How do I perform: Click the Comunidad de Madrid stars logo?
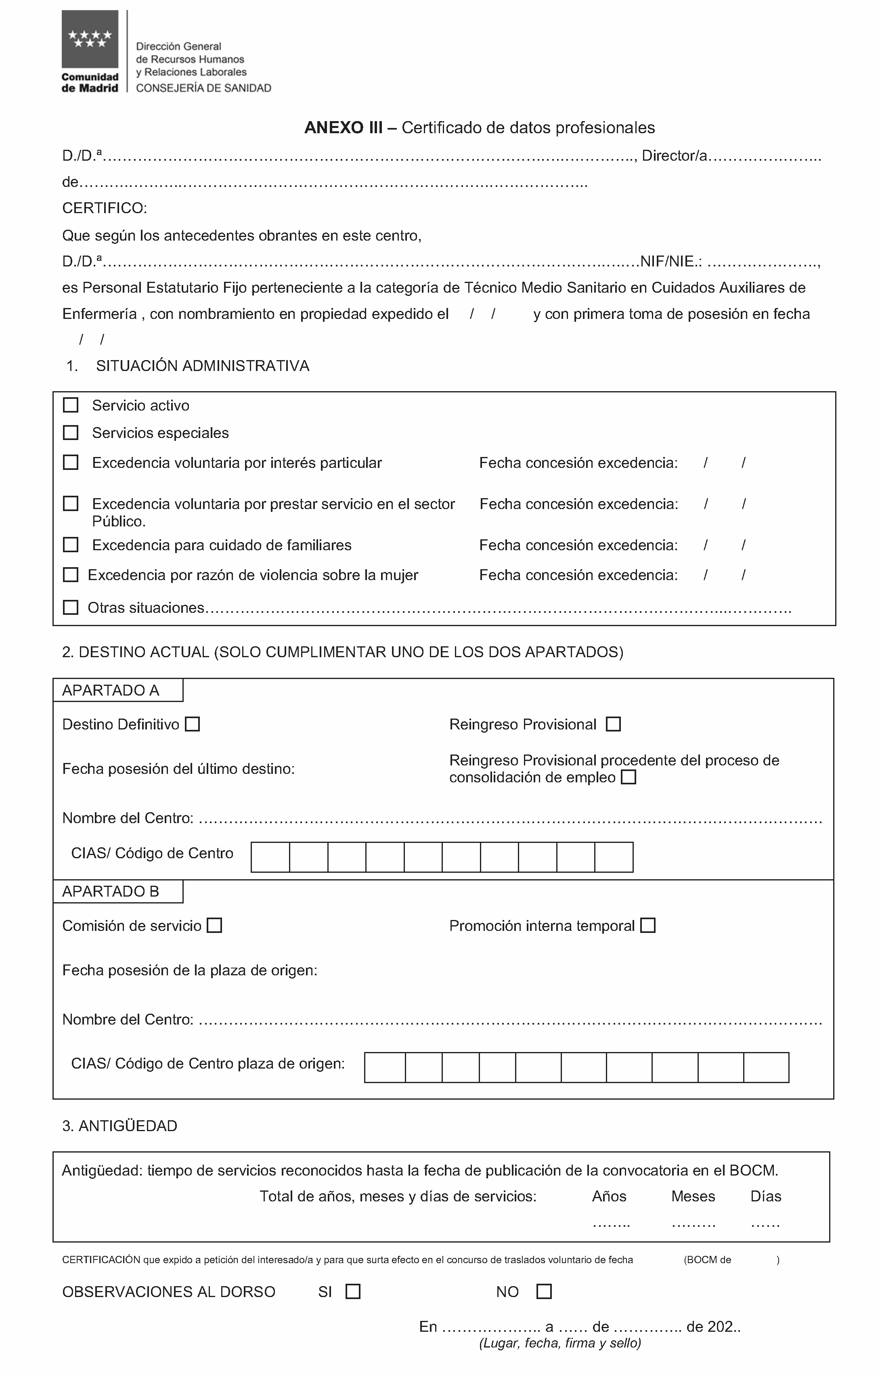[x=90, y=39]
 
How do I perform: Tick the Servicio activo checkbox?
[x=70, y=405]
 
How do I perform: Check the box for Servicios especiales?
[x=70, y=433]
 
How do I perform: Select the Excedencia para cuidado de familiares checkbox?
[x=70, y=545]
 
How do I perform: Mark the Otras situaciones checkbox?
[x=70, y=608]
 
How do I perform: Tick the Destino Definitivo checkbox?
[x=193, y=725]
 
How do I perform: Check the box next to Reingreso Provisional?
[x=613, y=725]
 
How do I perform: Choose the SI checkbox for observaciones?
[x=353, y=1291]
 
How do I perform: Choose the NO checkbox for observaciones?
[x=544, y=1291]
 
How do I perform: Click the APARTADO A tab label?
[x=111, y=691]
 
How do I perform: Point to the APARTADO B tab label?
[x=111, y=892]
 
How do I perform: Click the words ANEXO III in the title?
[x=344, y=128]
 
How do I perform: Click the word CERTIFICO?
[x=104, y=208]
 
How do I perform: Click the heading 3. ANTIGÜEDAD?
[x=119, y=1126]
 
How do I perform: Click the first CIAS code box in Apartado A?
[x=270, y=857]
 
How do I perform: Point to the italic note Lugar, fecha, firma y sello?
[x=560, y=1343]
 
